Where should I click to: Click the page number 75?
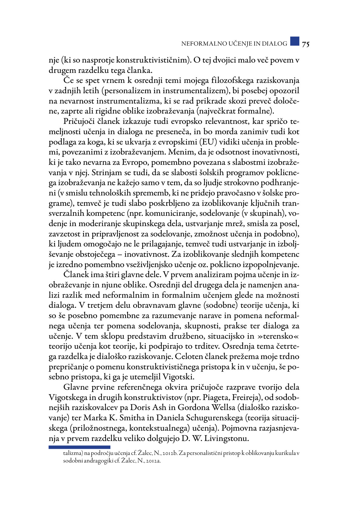tap(305, 44)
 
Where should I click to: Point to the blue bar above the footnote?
tap(79, 447)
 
